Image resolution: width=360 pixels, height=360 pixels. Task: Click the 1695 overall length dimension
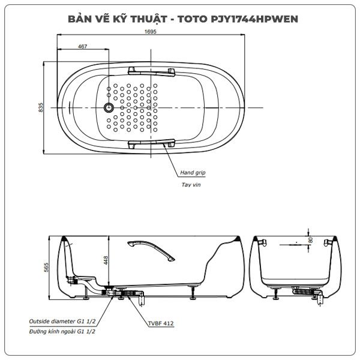click(151, 31)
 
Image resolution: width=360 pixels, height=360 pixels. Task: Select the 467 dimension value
click(82, 46)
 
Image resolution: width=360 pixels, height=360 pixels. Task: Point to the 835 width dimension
click(40, 107)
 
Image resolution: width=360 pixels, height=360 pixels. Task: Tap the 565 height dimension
click(46, 268)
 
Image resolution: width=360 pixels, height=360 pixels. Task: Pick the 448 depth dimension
click(106, 260)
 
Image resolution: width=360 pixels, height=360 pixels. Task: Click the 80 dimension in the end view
click(311, 240)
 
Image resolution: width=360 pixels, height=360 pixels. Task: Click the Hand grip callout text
click(193, 173)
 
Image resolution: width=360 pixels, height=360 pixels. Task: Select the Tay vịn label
click(191, 185)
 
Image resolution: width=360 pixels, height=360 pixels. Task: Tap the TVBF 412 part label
click(161, 323)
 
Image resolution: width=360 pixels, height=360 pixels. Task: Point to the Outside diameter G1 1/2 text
click(62, 321)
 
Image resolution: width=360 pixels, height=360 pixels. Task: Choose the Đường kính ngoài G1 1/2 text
click(62, 331)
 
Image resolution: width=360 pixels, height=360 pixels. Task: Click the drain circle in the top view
click(109, 107)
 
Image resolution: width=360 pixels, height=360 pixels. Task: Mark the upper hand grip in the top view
click(152, 71)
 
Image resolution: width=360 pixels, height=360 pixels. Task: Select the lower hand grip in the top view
click(152, 143)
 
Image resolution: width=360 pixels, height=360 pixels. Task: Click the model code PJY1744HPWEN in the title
click(254, 19)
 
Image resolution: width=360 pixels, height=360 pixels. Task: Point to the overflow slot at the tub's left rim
click(70, 107)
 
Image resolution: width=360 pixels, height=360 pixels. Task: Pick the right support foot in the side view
click(193, 293)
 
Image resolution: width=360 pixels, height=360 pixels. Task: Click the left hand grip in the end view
click(263, 242)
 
